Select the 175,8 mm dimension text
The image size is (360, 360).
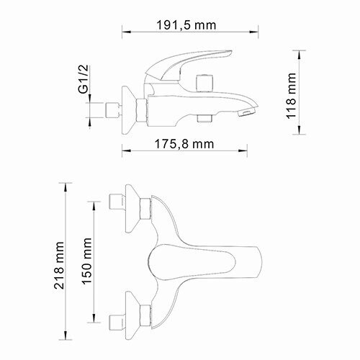coord(184,143)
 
